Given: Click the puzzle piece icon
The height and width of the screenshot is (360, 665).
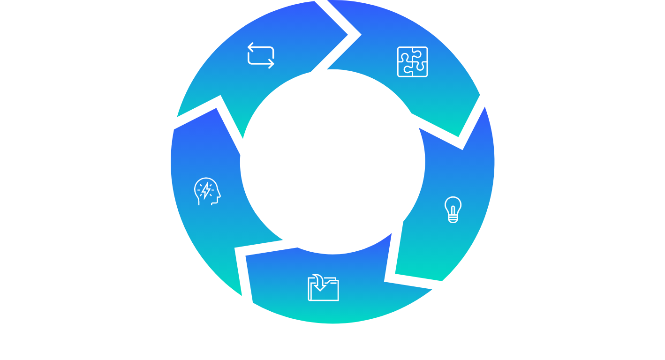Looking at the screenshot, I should pyautogui.click(x=412, y=61).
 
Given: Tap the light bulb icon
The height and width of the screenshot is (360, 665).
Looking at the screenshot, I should pyautogui.click(x=453, y=210).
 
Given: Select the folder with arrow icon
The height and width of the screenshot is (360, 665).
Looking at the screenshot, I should pyautogui.click(x=323, y=288).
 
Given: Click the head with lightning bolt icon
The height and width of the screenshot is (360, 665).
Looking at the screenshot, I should pyautogui.click(x=207, y=191).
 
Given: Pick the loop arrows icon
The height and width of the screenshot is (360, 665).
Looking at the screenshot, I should pyautogui.click(x=261, y=55).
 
